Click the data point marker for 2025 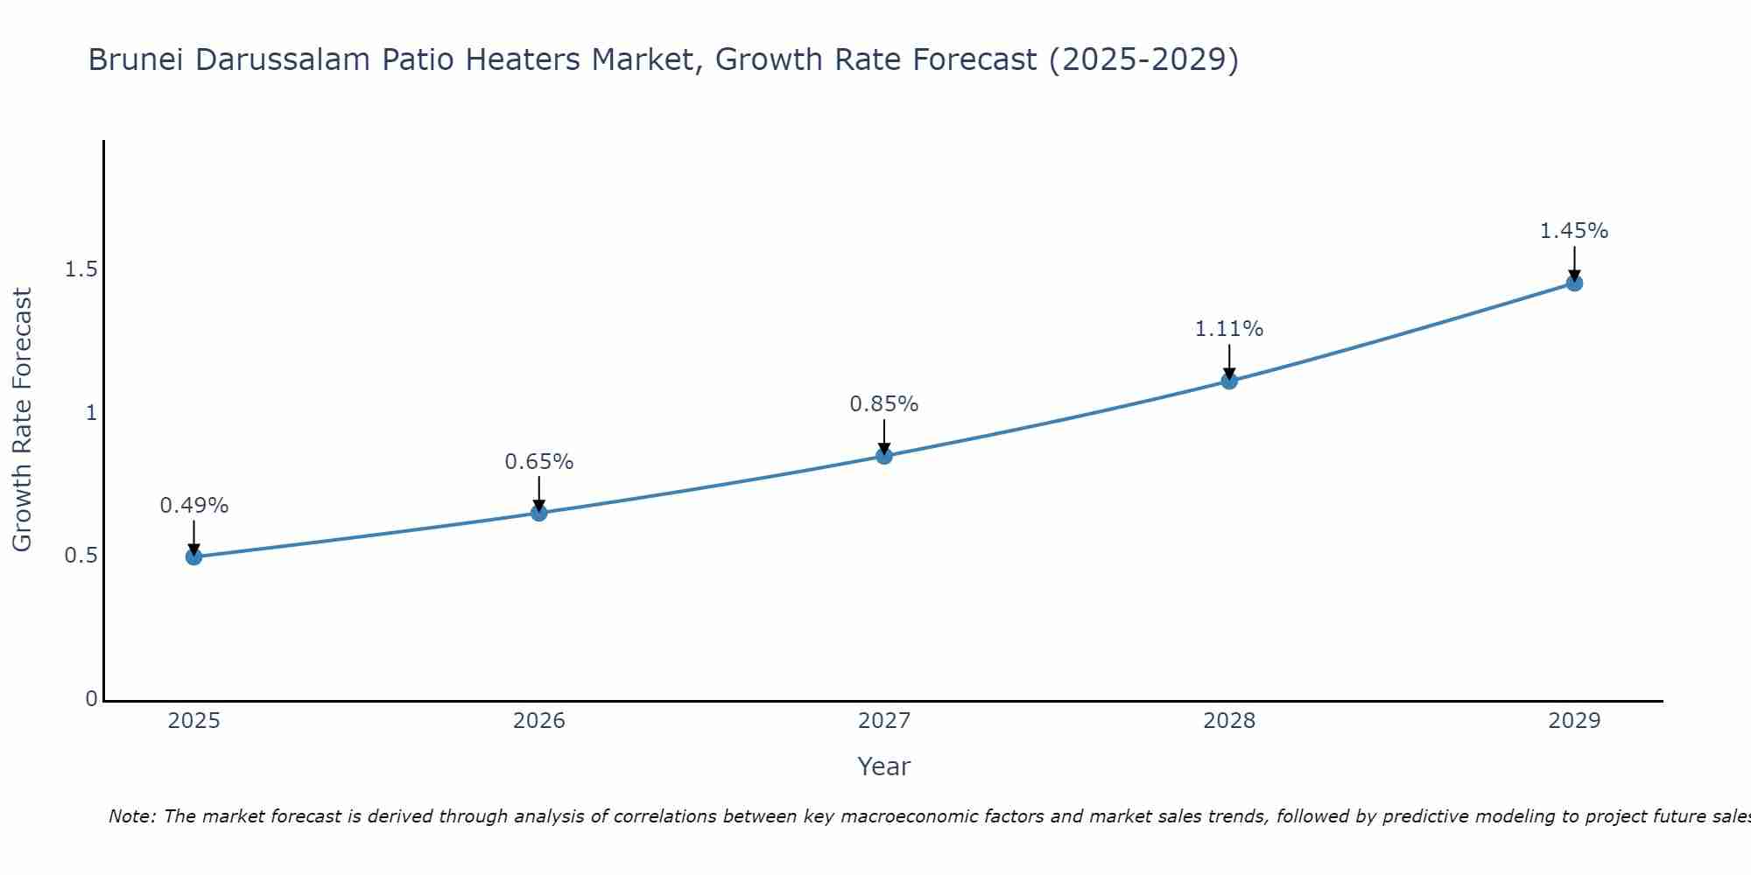[x=193, y=556]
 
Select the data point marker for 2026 [x=539, y=513]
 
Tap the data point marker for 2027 [x=884, y=456]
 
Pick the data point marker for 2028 [x=1229, y=381]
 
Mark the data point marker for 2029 [x=1574, y=283]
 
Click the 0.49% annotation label [x=193, y=506]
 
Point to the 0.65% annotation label [x=539, y=462]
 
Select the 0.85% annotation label [x=884, y=404]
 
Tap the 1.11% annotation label [x=1229, y=329]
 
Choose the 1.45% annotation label [x=1574, y=231]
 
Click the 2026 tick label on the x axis [x=539, y=721]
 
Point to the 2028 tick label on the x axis [x=1229, y=721]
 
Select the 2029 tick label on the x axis [x=1574, y=721]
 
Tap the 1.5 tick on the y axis [x=81, y=269]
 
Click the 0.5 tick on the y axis [x=81, y=556]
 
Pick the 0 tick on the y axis [x=92, y=699]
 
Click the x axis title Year [x=884, y=766]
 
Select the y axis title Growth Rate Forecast [x=22, y=420]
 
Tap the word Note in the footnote [x=131, y=816]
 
